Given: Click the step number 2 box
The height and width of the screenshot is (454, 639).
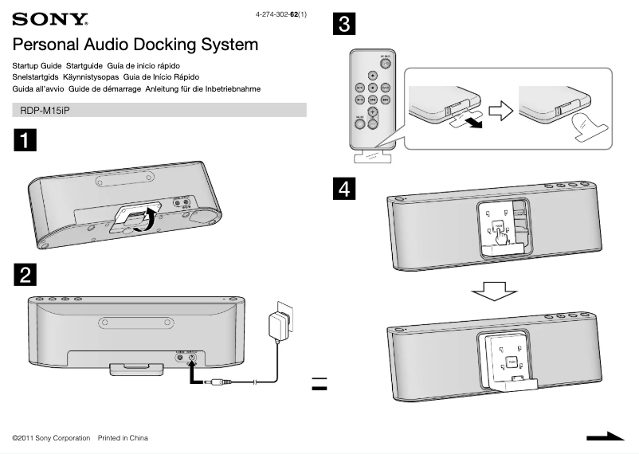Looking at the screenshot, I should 25,275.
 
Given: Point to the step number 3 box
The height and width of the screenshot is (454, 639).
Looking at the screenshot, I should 343,24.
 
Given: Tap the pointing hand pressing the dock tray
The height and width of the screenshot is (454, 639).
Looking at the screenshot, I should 501,237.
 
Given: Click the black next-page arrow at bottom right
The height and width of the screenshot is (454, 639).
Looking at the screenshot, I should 605,436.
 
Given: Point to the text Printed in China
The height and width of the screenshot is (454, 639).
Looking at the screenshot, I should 123,438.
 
